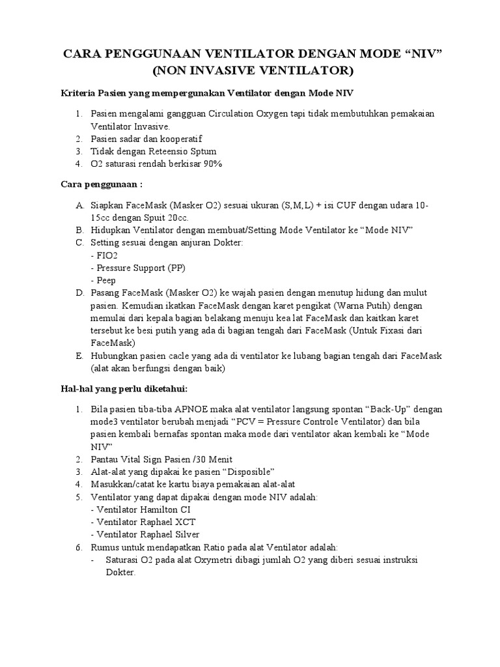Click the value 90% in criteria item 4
point(212,163)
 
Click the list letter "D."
point(79,293)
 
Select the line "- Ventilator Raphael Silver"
point(146,534)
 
